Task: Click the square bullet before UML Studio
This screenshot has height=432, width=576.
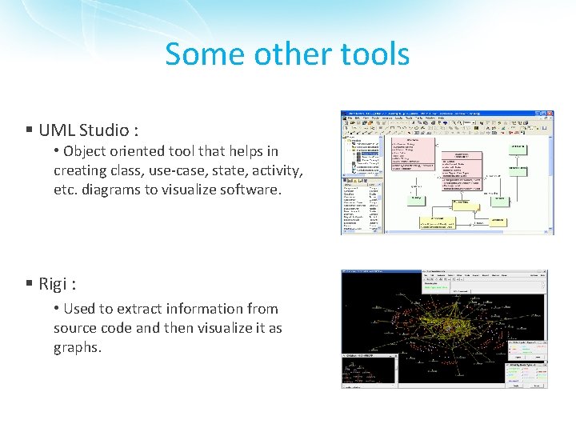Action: pyautogui.click(x=28, y=130)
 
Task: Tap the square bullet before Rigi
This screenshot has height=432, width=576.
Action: pyautogui.click(x=28, y=283)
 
